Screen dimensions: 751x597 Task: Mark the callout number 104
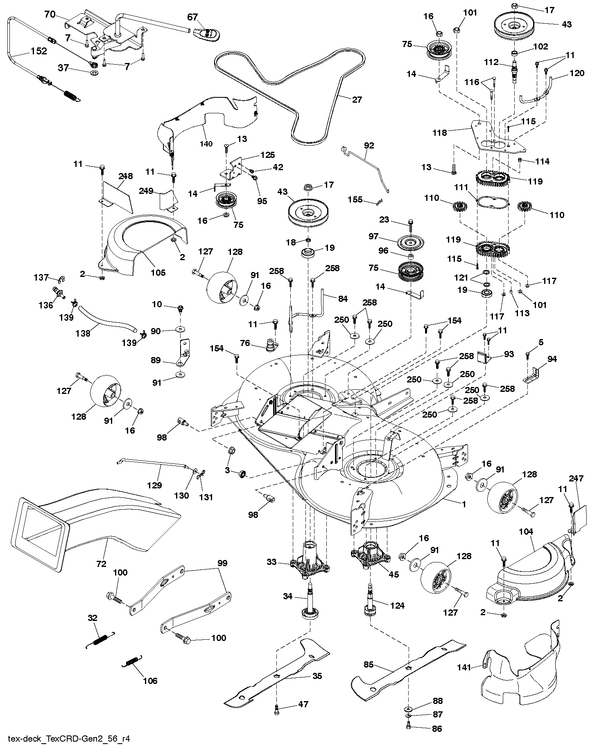(x=526, y=532)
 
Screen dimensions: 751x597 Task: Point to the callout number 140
(x=206, y=144)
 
